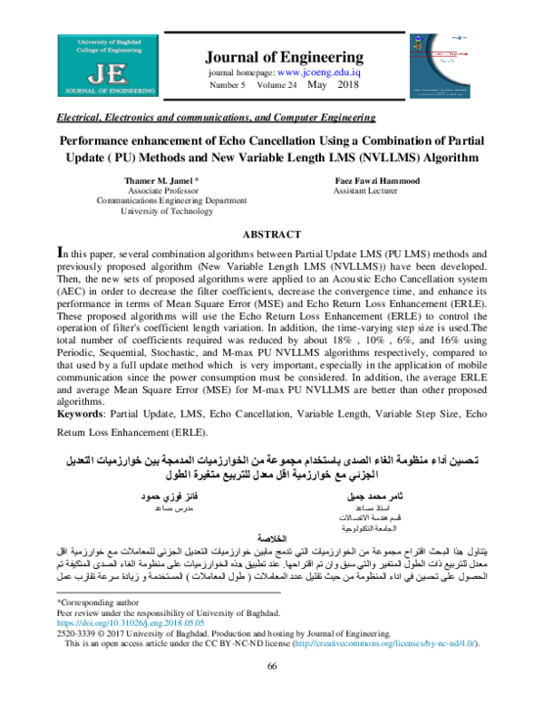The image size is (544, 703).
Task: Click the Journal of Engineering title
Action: (286, 56)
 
